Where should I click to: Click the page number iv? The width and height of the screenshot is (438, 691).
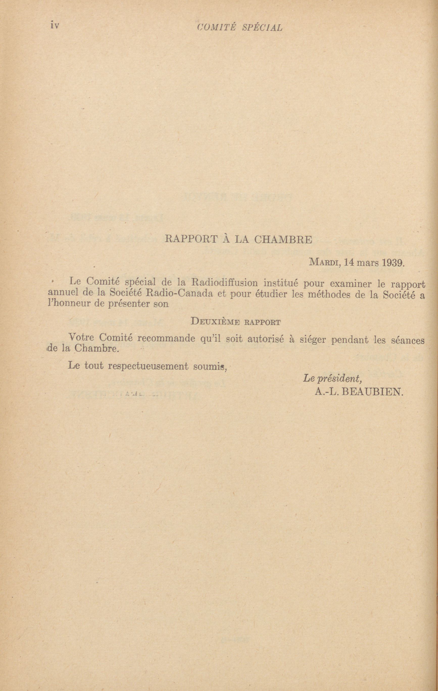pyautogui.click(x=55, y=25)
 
